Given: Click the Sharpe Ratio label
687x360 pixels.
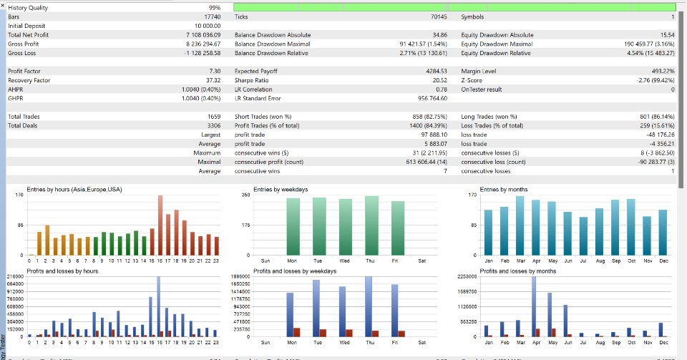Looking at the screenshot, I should coord(251,80).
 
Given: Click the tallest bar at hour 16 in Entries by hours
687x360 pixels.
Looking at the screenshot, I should coord(160,225).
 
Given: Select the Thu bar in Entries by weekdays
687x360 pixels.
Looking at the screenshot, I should coord(371,226).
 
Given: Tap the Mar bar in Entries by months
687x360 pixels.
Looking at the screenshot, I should coord(520,226).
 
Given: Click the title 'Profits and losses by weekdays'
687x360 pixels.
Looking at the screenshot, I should coord(295,271).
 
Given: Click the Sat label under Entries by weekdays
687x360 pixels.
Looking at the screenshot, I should coord(422,261).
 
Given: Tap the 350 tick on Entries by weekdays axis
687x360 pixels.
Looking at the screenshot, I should coord(245,195).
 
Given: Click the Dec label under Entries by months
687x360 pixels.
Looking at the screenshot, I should coord(662,261).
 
